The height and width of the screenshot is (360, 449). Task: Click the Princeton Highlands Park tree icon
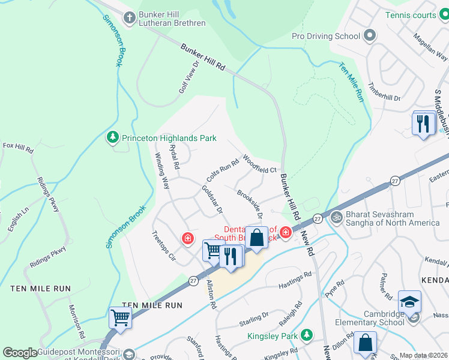tap(112, 138)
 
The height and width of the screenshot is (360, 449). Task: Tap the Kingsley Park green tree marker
tap(307, 334)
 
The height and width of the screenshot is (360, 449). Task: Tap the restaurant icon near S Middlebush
tap(424, 123)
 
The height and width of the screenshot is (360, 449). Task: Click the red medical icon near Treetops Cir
tap(188, 239)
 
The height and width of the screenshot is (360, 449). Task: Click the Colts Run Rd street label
tap(222, 171)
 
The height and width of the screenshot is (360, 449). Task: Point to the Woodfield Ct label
tap(259, 164)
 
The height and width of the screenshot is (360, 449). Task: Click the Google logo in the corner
tap(20, 353)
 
